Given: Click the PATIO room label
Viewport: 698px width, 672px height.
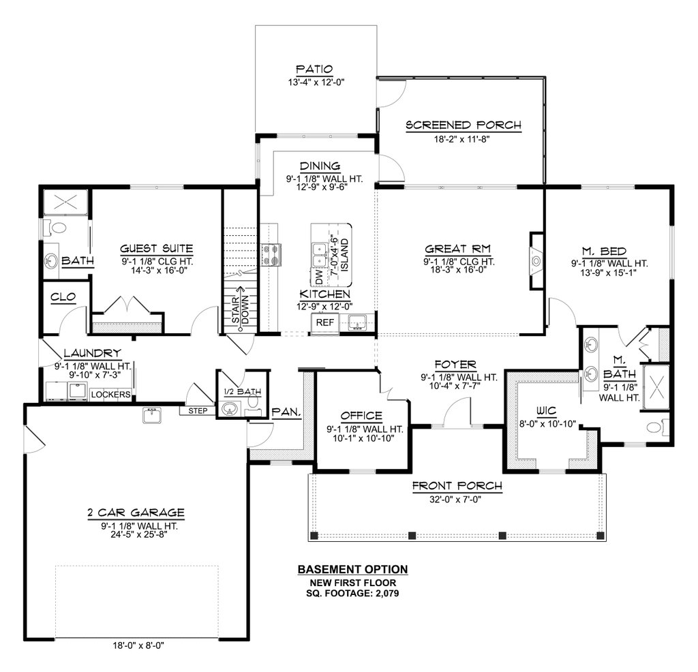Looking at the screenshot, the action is pos(315,69).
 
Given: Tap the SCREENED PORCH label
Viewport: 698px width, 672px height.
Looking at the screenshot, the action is pos(464,125).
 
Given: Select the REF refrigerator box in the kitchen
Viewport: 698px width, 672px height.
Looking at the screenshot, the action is pos(325,322).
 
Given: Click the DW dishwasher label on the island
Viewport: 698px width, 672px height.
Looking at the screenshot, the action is pos(319,277).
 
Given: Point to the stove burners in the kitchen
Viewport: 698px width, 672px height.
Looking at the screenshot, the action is pos(271,255).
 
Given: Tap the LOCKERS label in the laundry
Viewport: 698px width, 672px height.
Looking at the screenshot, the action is pos(110,395).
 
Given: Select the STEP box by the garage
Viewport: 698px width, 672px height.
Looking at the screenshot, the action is pos(197,411).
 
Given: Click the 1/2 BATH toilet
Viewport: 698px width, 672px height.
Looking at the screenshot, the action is pos(254,401).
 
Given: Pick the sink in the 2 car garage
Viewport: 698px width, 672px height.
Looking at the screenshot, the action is pos(152,415).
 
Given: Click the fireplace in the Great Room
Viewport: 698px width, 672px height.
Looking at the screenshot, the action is pos(536,261).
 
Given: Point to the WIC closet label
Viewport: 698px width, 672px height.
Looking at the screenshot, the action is pos(546,410).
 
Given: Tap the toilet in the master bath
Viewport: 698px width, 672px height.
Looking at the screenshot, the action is pos(658,427).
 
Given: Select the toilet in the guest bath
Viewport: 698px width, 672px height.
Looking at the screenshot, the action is pos(55,228).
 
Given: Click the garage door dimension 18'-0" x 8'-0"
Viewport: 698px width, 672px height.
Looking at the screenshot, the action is pos(138,645).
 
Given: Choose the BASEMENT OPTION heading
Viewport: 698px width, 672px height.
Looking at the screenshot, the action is pos(352,570).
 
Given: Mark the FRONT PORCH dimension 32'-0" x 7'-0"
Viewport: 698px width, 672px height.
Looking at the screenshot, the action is pos(455,500).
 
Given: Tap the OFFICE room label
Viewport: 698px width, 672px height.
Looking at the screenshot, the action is pos(361,416).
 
